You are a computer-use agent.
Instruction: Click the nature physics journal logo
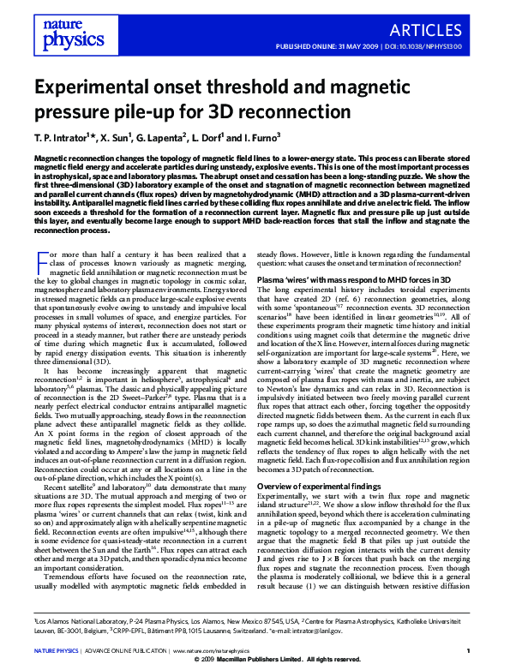coord(66,32)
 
